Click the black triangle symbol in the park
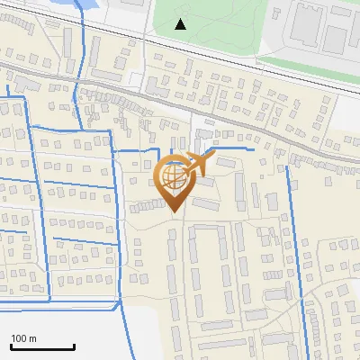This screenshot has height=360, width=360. [181, 24]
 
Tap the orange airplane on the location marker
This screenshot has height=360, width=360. [204, 163]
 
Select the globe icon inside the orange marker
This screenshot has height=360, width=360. [175, 178]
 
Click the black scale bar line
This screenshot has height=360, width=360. [42, 347]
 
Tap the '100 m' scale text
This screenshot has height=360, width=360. [23, 338]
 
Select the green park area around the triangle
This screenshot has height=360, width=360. [216, 22]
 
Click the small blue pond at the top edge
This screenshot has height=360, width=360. [90, 4]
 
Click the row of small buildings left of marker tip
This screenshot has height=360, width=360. [145, 206]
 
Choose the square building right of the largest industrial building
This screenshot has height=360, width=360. [337, 36]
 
